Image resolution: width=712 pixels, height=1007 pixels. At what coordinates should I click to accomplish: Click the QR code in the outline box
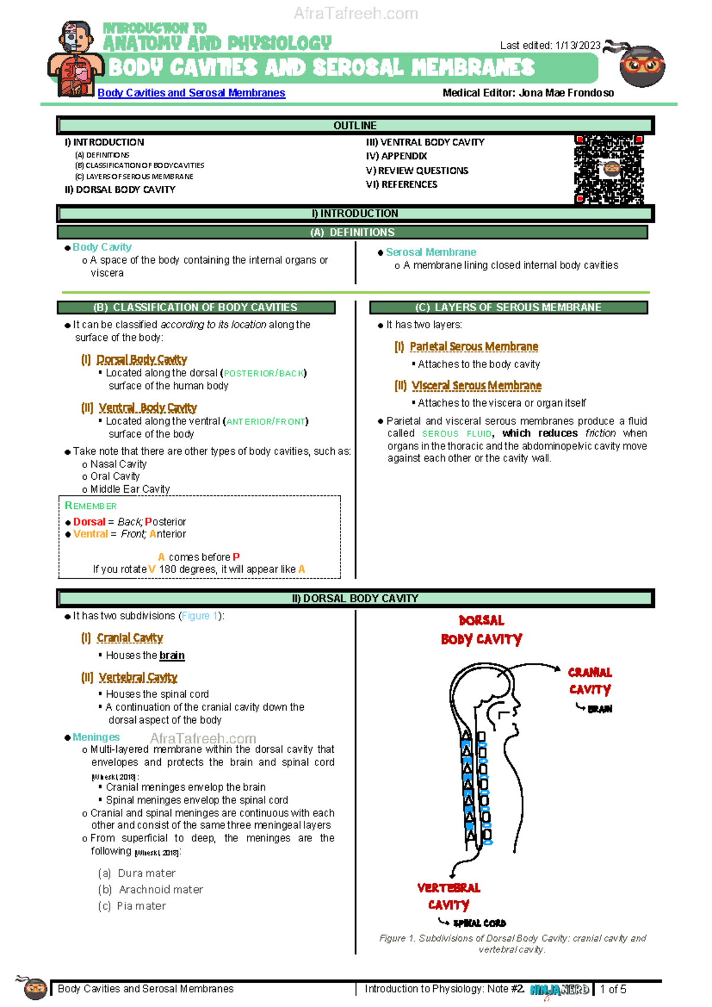tap(609, 170)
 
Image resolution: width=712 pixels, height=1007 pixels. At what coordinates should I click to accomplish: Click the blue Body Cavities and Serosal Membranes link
tap(191, 93)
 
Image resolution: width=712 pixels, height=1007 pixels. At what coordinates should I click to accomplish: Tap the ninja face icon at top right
tap(641, 65)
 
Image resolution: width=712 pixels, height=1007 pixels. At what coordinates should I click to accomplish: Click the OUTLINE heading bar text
tap(355, 125)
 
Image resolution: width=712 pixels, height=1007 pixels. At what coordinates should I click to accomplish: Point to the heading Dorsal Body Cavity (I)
tap(141, 359)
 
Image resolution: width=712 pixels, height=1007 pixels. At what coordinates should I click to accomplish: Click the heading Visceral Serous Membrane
tap(476, 385)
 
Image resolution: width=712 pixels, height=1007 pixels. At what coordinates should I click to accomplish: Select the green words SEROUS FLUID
tap(456, 434)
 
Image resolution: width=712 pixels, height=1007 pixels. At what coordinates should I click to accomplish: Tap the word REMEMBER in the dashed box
tap(91, 506)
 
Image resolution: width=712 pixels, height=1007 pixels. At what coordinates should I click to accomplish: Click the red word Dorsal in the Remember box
tap(89, 522)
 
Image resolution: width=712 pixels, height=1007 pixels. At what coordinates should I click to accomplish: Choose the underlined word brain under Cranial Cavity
tap(171, 655)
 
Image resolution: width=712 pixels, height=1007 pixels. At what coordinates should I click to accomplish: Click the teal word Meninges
tap(96, 737)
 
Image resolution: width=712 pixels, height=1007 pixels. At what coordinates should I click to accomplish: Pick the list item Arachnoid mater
tap(161, 889)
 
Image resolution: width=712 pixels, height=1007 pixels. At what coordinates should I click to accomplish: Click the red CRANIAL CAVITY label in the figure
tap(590, 681)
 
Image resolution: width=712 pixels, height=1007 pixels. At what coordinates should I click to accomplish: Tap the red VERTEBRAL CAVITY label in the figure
tap(449, 896)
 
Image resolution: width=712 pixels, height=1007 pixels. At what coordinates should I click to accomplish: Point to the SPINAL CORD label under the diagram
tap(479, 923)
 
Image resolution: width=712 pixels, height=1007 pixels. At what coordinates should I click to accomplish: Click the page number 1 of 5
tap(613, 989)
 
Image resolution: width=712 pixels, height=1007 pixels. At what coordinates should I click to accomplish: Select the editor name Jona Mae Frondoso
tap(566, 93)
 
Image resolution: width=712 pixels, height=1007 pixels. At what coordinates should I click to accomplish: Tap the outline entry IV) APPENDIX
tap(396, 156)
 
